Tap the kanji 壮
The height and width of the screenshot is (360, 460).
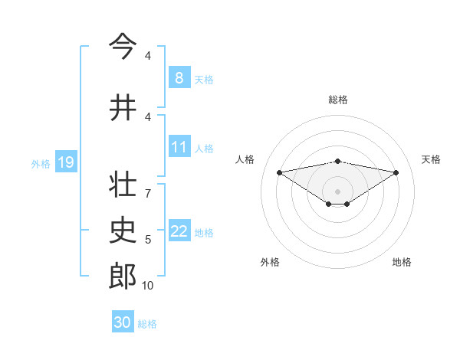pyautogui.click(x=123, y=185)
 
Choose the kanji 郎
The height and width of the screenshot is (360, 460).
pyautogui.click(x=123, y=277)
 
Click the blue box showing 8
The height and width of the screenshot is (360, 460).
pyautogui.click(x=179, y=77)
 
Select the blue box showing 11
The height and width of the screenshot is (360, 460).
pyautogui.click(x=179, y=147)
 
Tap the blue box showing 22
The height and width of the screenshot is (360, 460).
pyautogui.click(x=179, y=231)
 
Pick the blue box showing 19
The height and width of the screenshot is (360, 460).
pyautogui.click(x=65, y=162)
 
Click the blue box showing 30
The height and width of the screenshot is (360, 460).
pyautogui.click(x=122, y=322)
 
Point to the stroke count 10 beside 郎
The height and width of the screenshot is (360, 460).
pyautogui.click(x=147, y=286)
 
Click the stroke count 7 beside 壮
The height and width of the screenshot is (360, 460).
pyautogui.click(x=147, y=186)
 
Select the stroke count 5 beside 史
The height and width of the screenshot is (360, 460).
pyautogui.click(x=147, y=240)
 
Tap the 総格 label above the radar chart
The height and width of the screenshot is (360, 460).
pyautogui.click(x=337, y=100)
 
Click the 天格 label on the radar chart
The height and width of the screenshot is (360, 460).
pyautogui.click(x=431, y=159)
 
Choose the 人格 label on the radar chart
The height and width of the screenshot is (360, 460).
pyautogui.click(x=245, y=159)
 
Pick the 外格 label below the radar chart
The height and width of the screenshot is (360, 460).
pyautogui.click(x=270, y=262)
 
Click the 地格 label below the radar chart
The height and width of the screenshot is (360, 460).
pyautogui.click(x=402, y=262)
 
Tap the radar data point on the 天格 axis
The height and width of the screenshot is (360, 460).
pyautogui.click(x=396, y=172)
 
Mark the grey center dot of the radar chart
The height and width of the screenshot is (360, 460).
pyautogui.click(x=337, y=191)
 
